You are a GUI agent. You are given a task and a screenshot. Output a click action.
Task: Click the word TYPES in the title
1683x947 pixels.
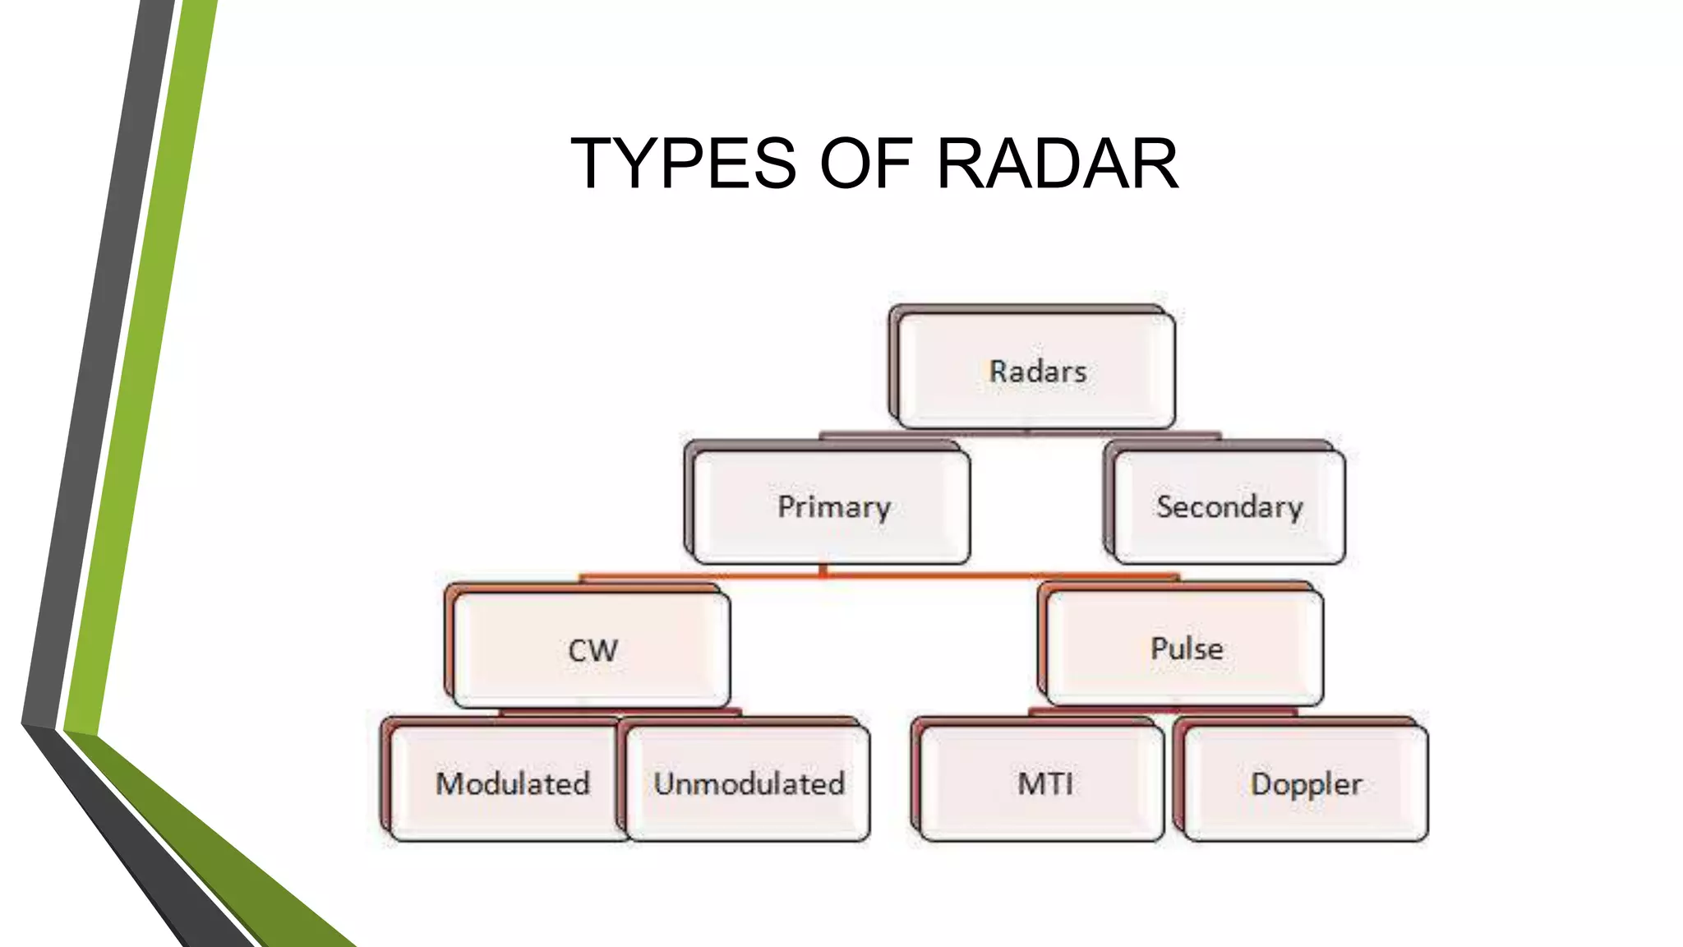click(683, 164)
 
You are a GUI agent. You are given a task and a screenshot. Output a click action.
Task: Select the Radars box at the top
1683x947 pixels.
click(1035, 370)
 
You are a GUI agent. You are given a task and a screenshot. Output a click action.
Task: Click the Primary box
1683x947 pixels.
click(831, 506)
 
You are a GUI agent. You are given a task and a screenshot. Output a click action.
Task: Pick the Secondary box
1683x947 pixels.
click(1229, 506)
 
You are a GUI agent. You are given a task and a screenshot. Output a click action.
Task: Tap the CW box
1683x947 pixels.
click(591, 649)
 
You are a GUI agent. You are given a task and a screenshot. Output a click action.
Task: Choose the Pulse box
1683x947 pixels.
click(1184, 648)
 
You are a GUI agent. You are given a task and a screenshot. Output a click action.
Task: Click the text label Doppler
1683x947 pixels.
click(1305, 783)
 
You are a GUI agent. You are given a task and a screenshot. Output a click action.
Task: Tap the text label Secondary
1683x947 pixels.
click(1229, 506)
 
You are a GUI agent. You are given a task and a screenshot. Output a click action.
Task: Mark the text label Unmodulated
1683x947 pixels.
click(749, 783)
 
